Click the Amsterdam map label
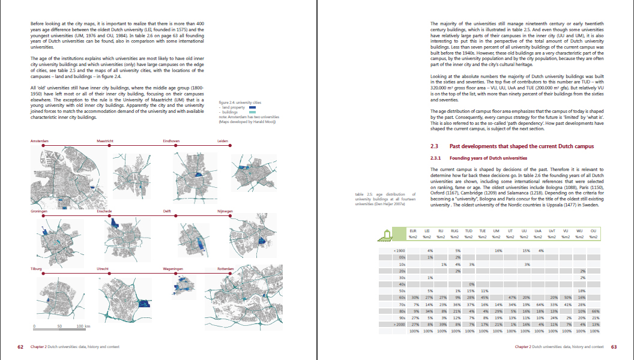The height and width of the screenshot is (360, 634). pyautogui.click(x=40, y=141)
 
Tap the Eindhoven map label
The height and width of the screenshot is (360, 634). pyautogui.click(x=171, y=141)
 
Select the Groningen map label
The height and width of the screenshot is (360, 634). pyautogui.click(x=40, y=211)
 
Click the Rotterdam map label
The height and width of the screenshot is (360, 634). pyautogui.click(x=226, y=269)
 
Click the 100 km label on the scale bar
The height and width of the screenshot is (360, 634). pyautogui.click(x=83, y=326)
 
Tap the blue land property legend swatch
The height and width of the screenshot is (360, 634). pyautogui.click(x=252, y=107)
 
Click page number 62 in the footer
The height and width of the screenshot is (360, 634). pyautogui.click(x=20, y=347)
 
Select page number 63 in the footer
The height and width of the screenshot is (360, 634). pyautogui.click(x=614, y=347)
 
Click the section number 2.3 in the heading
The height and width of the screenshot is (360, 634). pyautogui.click(x=436, y=146)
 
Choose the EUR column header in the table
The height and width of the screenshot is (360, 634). pyautogui.click(x=413, y=231)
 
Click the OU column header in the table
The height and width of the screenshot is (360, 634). pyautogui.click(x=593, y=231)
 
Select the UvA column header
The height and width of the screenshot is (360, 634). pyautogui.click(x=539, y=231)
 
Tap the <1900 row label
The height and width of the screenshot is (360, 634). pyautogui.click(x=399, y=250)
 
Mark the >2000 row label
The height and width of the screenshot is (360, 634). pyautogui.click(x=399, y=324)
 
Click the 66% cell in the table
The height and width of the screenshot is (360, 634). pyautogui.click(x=596, y=311)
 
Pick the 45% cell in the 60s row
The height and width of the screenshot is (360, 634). pyautogui.click(x=483, y=297)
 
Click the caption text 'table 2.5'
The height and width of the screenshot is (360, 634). pyautogui.click(x=364, y=194)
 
